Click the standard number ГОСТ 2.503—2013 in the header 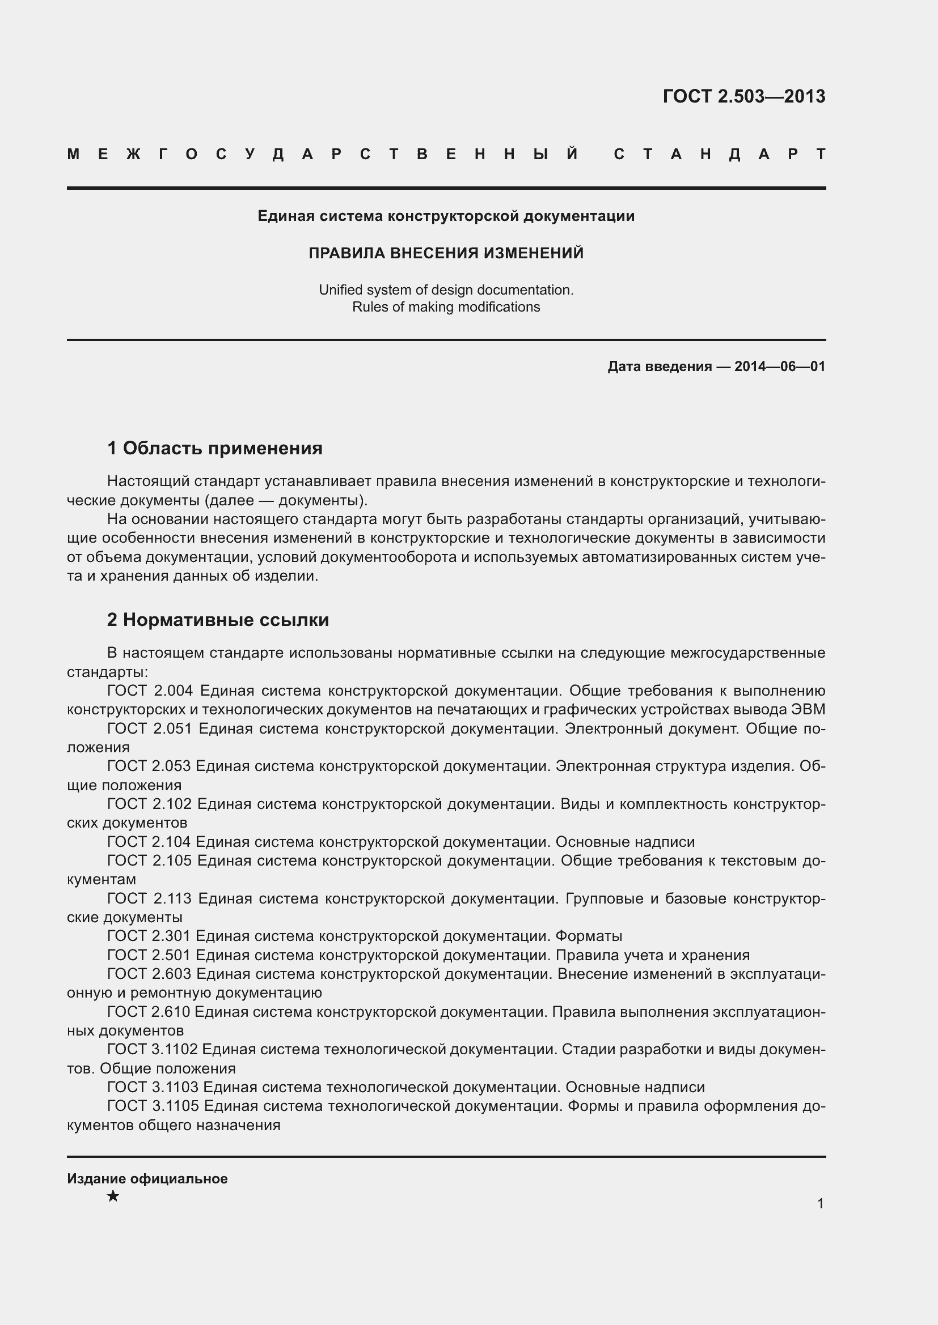(x=744, y=96)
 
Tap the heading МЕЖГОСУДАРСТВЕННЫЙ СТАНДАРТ (x=446, y=155)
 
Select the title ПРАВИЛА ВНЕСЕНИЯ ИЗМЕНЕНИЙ (x=446, y=253)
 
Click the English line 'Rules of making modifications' (x=446, y=307)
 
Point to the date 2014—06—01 (x=780, y=367)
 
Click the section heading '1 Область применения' (x=215, y=449)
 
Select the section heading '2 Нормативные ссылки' (x=218, y=620)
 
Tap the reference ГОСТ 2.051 (x=150, y=729)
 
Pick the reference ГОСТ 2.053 (x=149, y=766)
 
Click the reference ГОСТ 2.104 (x=149, y=842)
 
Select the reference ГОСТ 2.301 (x=149, y=936)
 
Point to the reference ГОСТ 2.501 (x=149, y=955)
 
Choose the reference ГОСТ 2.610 (x=149, y=1012)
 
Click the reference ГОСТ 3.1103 (x=153, y=1087)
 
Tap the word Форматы (x=589, y=936)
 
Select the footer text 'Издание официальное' (x=147, y=1179)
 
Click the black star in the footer (x=113, y=1196)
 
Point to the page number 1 (x=820, y=1204)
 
